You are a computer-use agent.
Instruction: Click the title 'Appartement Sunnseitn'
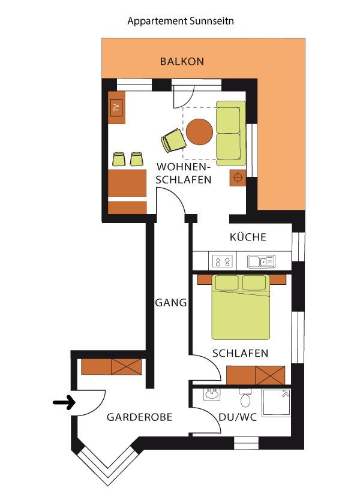181,22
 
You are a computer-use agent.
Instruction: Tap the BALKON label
182,61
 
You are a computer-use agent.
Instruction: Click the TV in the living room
116,108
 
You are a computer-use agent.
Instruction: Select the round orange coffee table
199,132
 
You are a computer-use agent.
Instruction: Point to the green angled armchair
173,140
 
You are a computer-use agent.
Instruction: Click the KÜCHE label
248,237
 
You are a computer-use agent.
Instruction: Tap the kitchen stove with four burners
222,261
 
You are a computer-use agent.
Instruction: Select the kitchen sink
261,261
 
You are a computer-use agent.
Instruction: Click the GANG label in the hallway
171,303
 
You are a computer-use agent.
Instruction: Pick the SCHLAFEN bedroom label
240,353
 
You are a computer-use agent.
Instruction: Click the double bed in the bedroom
241,307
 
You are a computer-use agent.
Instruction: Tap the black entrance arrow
64,402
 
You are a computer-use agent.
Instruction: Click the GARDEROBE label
139,417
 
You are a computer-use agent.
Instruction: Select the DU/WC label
238,417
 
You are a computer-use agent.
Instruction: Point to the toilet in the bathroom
245,398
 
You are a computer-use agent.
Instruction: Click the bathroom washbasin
212,394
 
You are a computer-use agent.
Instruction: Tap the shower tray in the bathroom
277,403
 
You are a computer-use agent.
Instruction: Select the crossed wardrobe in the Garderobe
127,367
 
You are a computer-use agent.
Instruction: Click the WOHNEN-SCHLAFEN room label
183,173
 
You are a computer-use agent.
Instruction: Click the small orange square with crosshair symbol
238,178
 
